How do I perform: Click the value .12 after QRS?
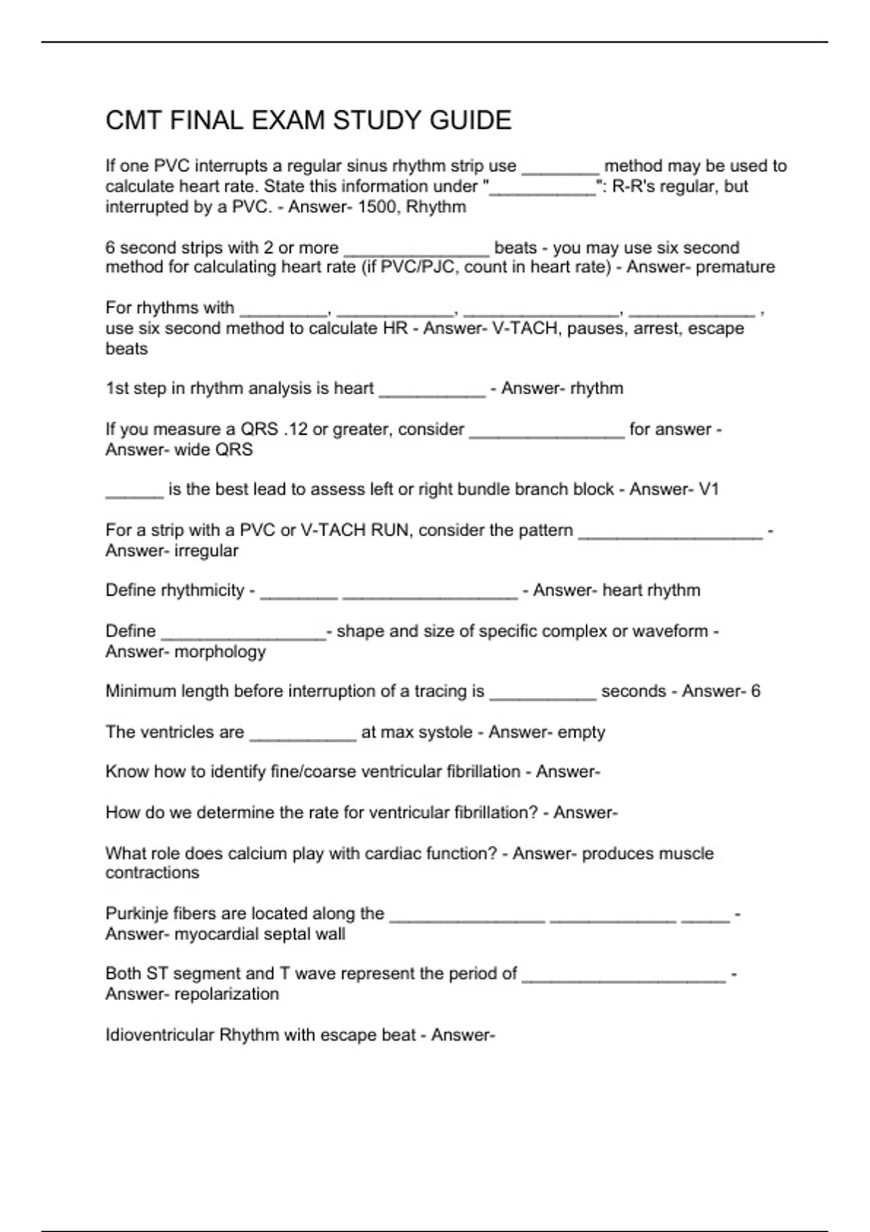pyautogui.click(x=295, y=429)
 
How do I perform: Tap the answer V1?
pyautogui.click(x=708, y=490)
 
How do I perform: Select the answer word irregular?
pyautogui.click(x=207, y=551)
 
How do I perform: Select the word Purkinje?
pyautogui.click(x=137, y=914)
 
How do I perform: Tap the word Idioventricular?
pyautogui.click(x=160, y=1035)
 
